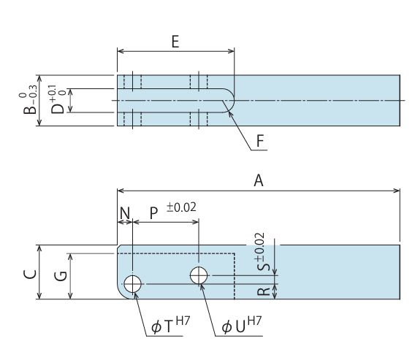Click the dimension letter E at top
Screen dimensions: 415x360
(x=175, y=42)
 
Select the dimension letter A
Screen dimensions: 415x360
(x=259, y=180)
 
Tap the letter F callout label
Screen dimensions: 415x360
(x=260, y=141)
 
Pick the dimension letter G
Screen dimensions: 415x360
(x=61, y=276)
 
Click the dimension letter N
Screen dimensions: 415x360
(x=125, y=212)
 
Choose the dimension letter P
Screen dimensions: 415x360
(x=153, y=213)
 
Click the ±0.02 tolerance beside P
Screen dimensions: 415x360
(x=181, y=207)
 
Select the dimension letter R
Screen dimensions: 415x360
(x=264, y=291)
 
